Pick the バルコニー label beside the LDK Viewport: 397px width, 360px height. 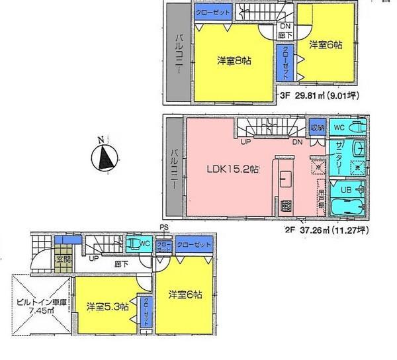pos(174,168)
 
